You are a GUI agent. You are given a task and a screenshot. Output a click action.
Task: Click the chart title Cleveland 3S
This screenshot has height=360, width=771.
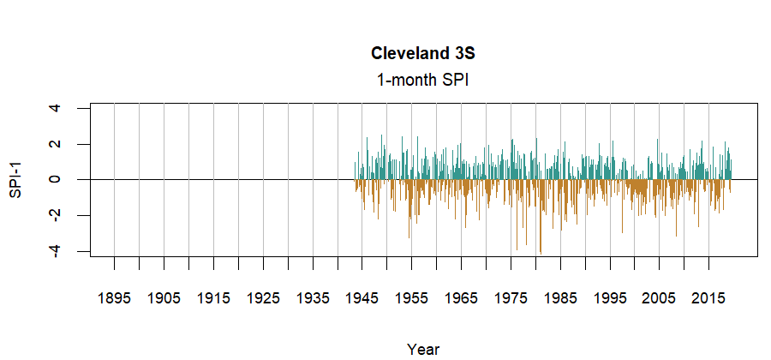[x=423, y=53]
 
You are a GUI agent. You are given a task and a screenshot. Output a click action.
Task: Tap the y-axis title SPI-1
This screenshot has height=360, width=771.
[x=15, y=180]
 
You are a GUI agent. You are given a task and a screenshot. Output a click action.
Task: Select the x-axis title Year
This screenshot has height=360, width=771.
[x=423, y=349]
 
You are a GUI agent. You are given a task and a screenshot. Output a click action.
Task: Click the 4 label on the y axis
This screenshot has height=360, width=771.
[x=55, y=108]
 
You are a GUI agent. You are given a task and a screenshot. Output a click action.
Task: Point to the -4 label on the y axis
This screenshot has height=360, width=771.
[x=55, y=251]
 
